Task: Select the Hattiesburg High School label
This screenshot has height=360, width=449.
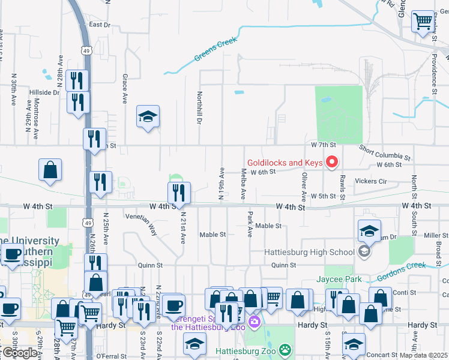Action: point(310,251)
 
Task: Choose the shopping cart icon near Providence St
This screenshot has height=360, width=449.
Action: point(423,22)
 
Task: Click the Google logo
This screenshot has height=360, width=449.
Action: point(20,353)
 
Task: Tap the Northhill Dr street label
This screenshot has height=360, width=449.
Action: point(199,107)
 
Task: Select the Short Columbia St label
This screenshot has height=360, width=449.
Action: point(385,153)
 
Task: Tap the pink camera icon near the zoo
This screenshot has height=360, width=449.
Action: point(254,322)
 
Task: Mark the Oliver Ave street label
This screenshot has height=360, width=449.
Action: point(304,187)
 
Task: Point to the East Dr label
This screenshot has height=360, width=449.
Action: point(100,25)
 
